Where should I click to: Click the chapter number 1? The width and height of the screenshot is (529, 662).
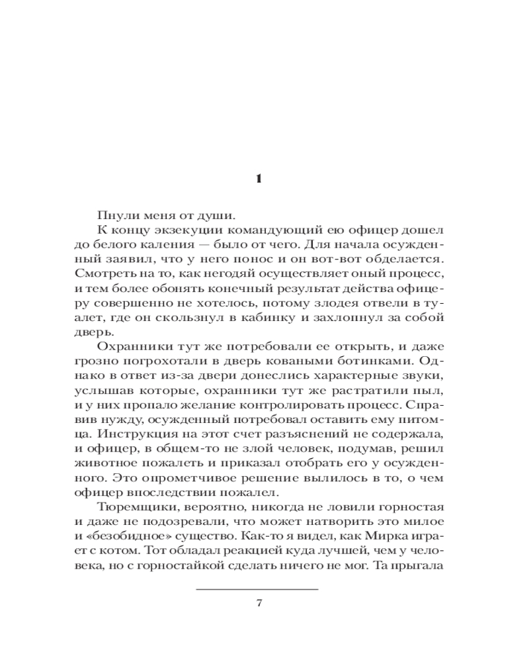(259, 179)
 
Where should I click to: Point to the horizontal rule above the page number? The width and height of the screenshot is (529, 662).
(259, 589)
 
